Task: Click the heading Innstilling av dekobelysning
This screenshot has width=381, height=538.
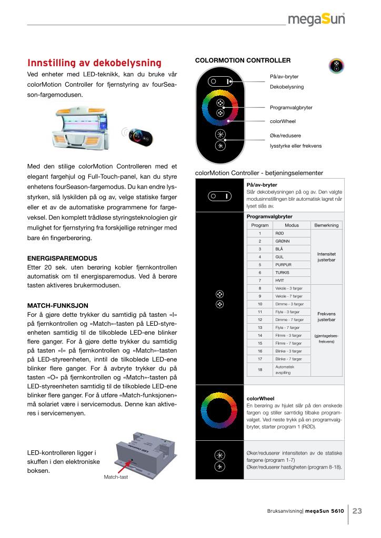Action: (x=94, y=63)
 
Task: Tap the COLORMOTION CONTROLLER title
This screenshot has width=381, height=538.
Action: (x=243, y=60)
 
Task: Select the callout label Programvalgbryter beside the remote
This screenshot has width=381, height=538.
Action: (x=291, y=108)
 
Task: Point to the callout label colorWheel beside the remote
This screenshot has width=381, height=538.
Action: (x=283, y=121)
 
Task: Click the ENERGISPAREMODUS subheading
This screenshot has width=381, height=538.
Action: (x=62, y=258)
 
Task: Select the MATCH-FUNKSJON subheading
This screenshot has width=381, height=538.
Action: (x=57, y=305)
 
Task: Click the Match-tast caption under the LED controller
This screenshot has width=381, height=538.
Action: (x=116, y=477)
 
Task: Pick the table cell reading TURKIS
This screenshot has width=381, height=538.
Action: (x=283, y=273)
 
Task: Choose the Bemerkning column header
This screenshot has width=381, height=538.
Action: (x=326, y=225)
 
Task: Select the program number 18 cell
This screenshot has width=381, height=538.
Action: (x=259, y=369)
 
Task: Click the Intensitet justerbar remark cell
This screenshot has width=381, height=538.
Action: (x=326, y=256)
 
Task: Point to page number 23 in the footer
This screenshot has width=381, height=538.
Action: (x=357, y=510)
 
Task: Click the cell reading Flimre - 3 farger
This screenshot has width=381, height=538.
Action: (x=288, y=335)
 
